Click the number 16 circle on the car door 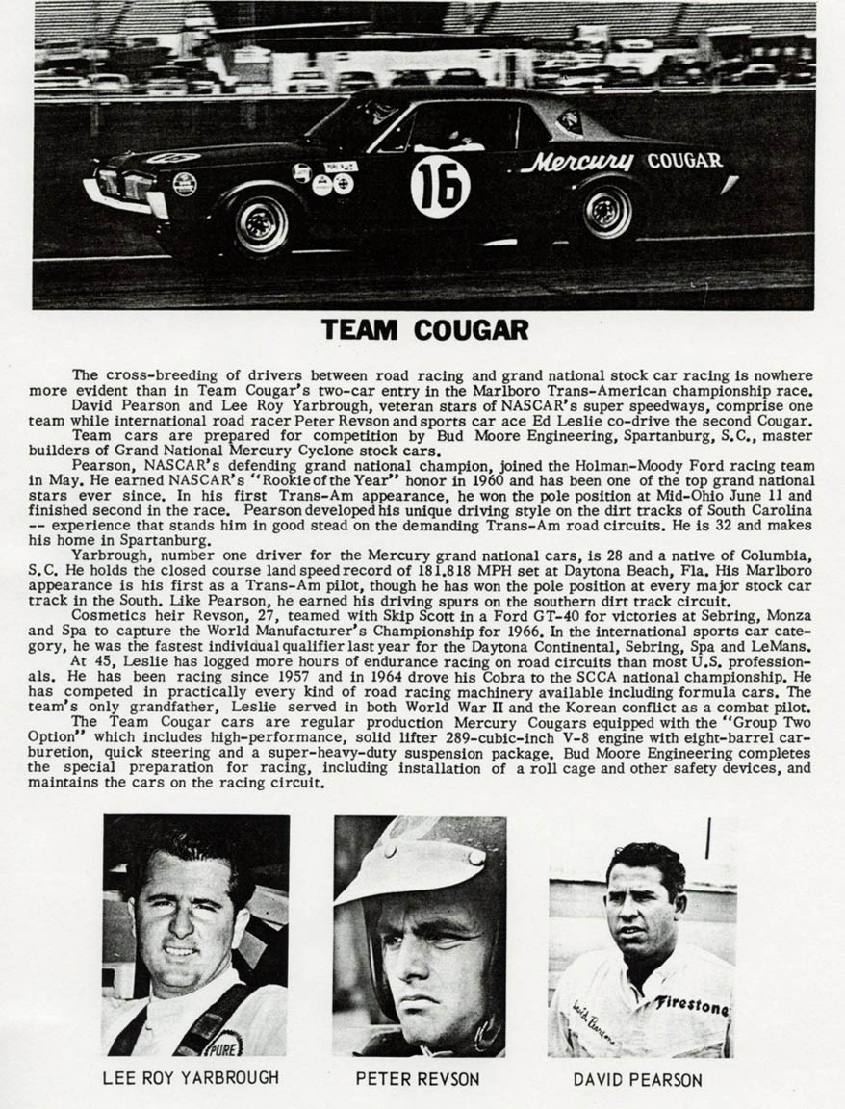coord(440,186)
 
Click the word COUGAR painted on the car coord(684,161)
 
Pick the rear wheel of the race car coord(607,210)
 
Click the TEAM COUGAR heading coord(424,330)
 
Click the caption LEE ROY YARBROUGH coord(191,1077)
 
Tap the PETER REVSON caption coord(418,1078)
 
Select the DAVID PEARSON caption coord(637,1079)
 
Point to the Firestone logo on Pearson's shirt coord(692,1005)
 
